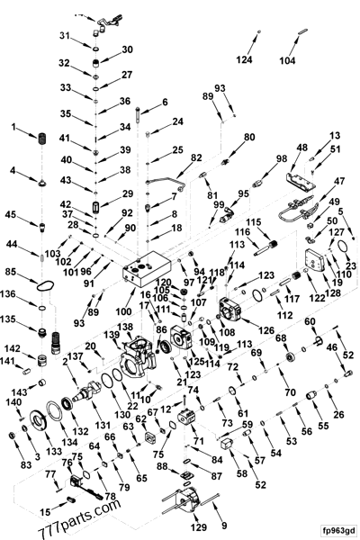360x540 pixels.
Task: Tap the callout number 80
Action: click(250, 137)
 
